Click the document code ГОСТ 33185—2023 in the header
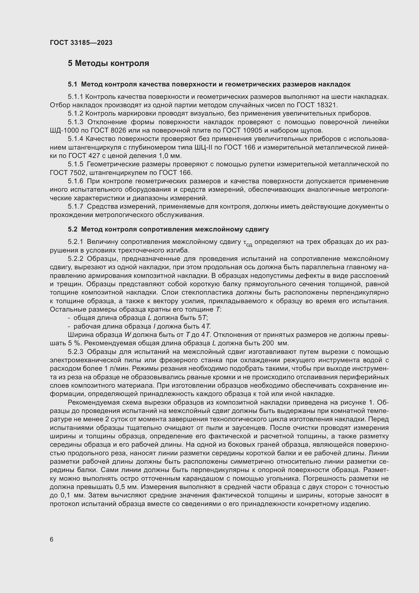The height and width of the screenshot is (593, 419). (x=81, y=43)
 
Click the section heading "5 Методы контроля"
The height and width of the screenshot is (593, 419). (x=108, y=63)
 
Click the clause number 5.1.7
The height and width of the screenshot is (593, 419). (x=75, y=207)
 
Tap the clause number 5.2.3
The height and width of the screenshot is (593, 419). (x=75, y=352)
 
